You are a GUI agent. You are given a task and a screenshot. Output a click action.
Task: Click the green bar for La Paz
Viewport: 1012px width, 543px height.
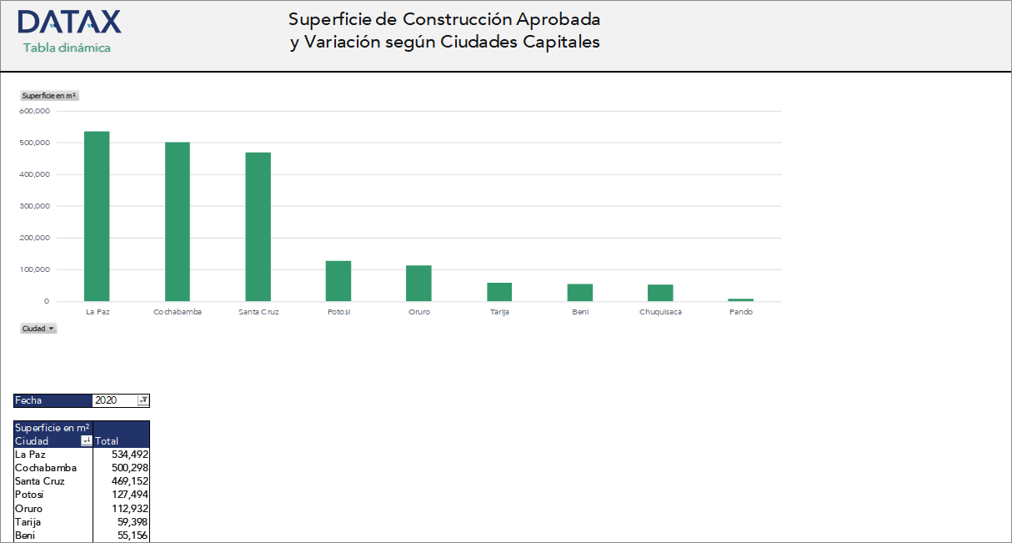click(x=97, y=216)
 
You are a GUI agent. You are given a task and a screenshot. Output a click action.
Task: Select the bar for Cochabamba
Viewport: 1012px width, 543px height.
click(x=178, y=222)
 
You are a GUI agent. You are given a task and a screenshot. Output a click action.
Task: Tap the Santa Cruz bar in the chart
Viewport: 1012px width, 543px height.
click(x=258, y=227)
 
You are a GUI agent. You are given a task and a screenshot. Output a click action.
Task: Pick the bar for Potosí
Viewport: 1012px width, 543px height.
click(x=338, y=281)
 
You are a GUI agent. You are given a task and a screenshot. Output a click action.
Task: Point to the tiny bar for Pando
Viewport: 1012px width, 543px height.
click(x=740, y=299)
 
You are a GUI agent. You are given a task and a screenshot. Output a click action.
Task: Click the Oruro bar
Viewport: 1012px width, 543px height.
click(x=418, y=284)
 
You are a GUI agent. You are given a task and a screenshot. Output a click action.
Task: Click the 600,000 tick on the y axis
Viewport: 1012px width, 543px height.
click(x=35, y=111)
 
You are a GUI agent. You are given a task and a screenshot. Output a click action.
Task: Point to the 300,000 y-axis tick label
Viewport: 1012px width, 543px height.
click(x=35, y=206)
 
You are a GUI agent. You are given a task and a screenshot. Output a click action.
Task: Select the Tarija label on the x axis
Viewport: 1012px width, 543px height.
click(x=499, y=312)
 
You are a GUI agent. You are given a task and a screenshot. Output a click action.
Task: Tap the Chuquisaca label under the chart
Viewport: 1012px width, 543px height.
click(x=660, y=312)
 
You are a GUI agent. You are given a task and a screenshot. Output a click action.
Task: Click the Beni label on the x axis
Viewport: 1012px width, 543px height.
click(x=580, y=312)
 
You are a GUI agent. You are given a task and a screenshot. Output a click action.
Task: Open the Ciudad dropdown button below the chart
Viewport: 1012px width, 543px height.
click(x=39, y=329)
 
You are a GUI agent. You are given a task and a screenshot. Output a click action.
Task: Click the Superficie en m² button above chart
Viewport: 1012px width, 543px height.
click(x=49, y=96)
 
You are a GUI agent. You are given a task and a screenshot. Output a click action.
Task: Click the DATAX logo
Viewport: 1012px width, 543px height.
click(x=69, y=23)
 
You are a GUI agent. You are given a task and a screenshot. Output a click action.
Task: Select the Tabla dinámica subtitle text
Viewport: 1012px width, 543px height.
click(x=67, y=48)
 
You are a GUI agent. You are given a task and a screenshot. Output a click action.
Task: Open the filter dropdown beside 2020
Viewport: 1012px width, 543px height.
click(x=143, y=400)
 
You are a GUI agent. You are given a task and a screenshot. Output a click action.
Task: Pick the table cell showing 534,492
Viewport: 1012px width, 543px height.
click(x=122, y=455)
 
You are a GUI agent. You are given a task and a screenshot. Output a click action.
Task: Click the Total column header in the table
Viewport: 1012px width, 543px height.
click(x=108, y=441)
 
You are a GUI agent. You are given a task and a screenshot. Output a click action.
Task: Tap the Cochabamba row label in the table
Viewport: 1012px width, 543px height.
click(x=46, y=468)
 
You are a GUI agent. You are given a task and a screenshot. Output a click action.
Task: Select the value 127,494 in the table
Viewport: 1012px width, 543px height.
click(x=122, y=495)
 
